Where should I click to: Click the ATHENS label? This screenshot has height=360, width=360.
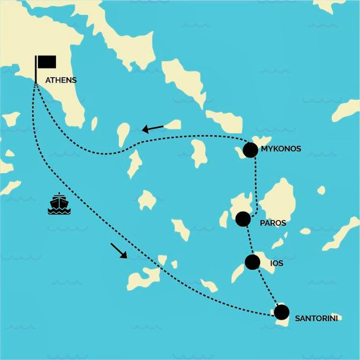click(61, 80)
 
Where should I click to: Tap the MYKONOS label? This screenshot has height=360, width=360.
click(281, 149)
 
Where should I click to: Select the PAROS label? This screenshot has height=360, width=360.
click(273, 223)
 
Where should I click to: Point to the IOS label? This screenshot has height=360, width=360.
click(277, 263)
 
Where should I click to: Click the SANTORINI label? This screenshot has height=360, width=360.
click(316, 319)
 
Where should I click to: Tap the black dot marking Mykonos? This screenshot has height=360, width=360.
click(250, 150)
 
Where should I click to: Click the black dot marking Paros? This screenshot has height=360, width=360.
click(243, 219)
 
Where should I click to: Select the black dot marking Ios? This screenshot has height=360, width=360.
click(252, 262)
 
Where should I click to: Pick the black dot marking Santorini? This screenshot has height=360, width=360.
click(282, 312)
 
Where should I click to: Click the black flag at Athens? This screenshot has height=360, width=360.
click(47, 62)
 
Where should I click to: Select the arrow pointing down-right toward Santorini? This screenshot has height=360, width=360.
click(118, 250)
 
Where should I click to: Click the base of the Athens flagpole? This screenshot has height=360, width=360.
click(36, 82)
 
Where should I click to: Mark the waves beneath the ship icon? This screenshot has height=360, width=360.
click(59, 211)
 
